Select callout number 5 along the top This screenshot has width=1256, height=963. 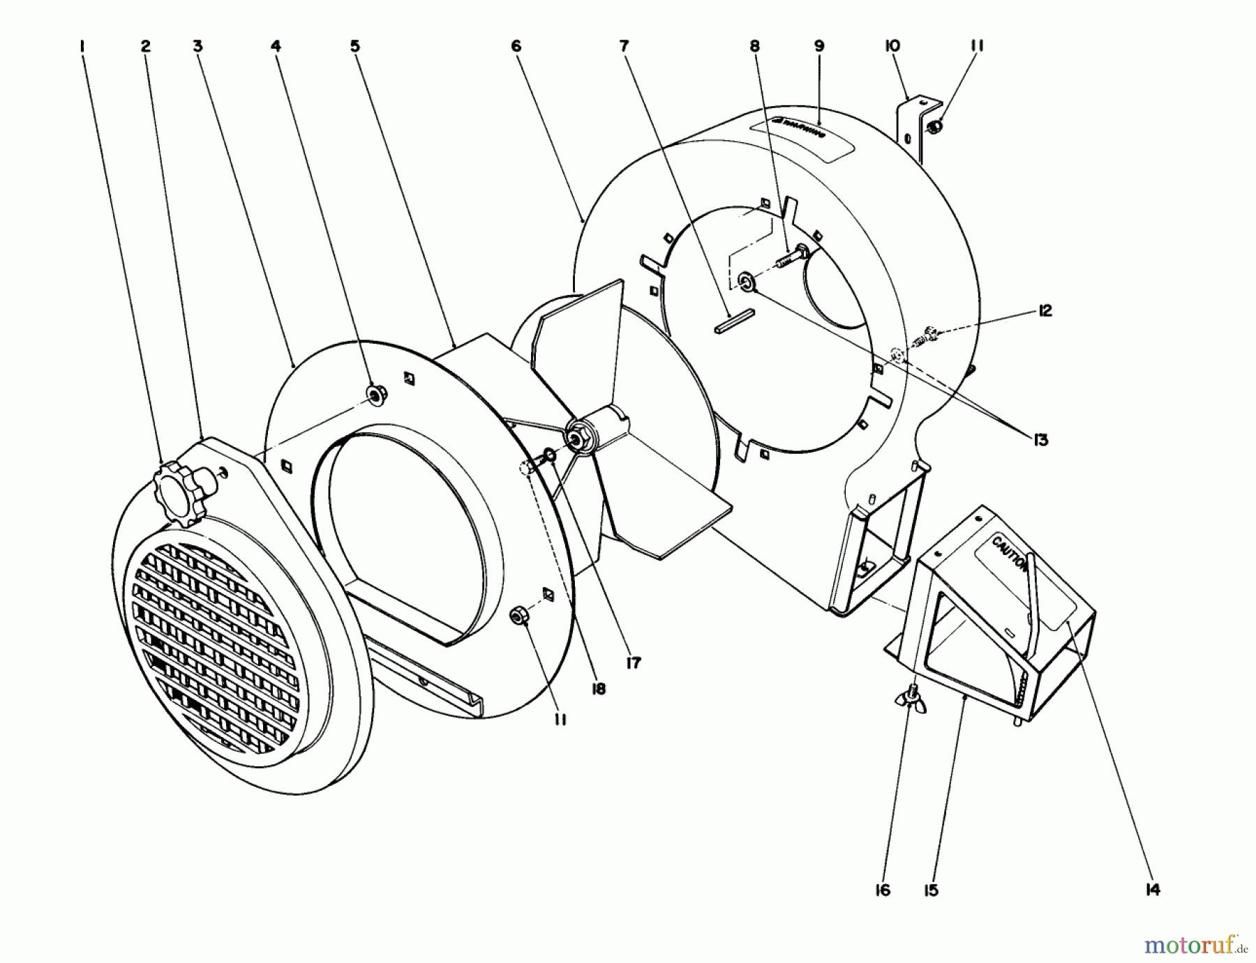point(355,47)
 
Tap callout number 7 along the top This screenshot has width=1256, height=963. point(624,47)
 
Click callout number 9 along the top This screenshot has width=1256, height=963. point(819,47)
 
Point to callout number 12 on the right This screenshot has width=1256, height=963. point(1044,311)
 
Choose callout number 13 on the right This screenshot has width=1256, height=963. point(1041,440)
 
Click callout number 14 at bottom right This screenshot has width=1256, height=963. point(1152,890)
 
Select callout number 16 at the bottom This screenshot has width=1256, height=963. point(883,890)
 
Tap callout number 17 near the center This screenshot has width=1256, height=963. point(633,663)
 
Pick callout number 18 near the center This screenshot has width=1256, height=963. point(598,689)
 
